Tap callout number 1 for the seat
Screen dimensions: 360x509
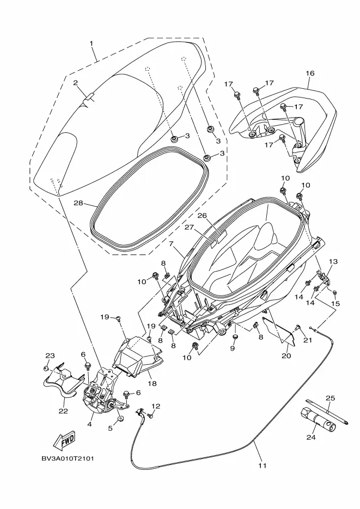[91, 43]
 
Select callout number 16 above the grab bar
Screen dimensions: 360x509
[310, 73]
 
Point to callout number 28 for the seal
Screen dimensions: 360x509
[78, 204]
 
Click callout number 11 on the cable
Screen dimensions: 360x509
[263, 465]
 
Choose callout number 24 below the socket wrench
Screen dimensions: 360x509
[311, 437]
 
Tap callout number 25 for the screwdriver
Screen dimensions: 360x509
[330, 398]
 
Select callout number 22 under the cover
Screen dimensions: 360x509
[63, 411]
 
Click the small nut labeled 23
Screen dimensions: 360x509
[46, 369]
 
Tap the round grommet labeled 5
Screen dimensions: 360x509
[121, 419]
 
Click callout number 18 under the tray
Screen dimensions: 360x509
[152, 383]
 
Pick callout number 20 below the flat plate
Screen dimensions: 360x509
[286, 355]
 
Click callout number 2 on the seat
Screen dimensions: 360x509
[75, 83]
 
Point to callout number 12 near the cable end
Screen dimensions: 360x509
[156, 406]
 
